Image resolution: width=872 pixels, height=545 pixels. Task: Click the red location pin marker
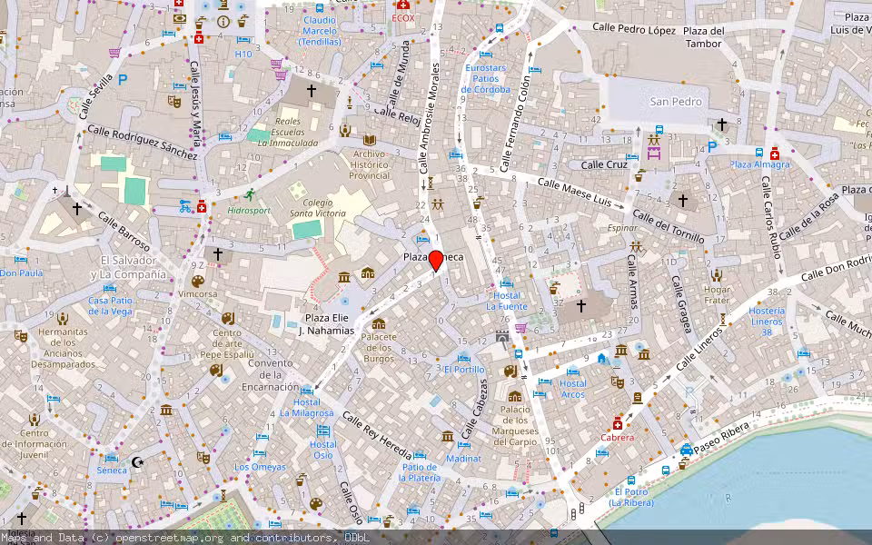click(x=436, y=260)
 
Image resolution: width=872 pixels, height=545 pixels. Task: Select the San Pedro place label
click(x=676, y=102)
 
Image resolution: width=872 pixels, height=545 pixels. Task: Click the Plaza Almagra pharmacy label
click(x=760, y=164)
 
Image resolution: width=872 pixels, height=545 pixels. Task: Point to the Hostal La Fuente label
click(x=507, y=301)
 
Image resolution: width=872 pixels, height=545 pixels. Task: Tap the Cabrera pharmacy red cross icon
click(x=618, y=423)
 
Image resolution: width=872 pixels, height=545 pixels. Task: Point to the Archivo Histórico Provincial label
click(x=370, y=164)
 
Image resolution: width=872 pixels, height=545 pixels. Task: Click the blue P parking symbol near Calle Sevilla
click(x=122, y=80)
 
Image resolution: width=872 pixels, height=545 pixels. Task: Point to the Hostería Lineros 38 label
click(x=766, y=322)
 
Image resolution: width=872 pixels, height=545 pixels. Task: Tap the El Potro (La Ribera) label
click(x=630, y=497)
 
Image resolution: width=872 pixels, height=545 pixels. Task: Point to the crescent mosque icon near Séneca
click(x=139, y=461)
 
